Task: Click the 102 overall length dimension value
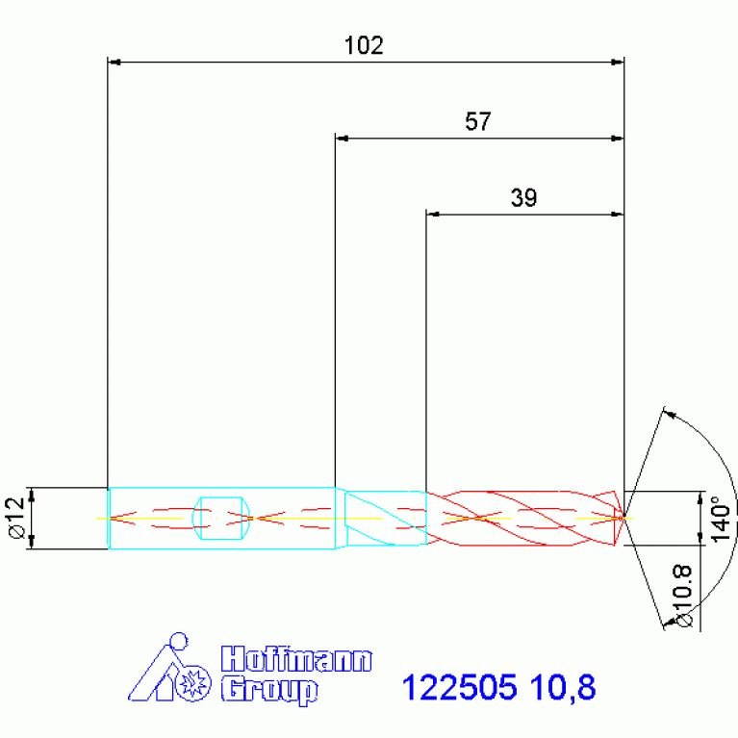tap(364, 45)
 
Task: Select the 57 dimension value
tap(477, 121)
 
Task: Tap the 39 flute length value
tap(523, 197)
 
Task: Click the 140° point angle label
tap(720, 519)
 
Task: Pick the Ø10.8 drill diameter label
tap(683, 596)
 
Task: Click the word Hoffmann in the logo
tap(296, 659)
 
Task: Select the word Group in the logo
tap(269, 691)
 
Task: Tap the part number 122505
tap(459, 687)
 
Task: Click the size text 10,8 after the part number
tap(563, 688)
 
